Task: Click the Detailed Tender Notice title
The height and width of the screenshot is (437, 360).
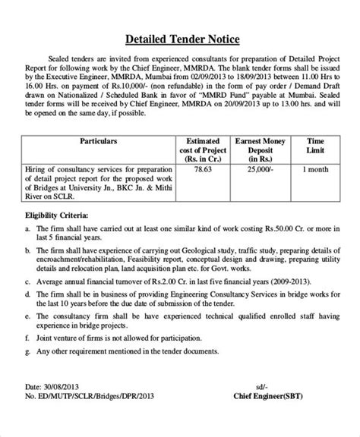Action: click(x=179, y=37)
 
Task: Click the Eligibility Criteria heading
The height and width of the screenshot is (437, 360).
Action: click(x=57, y=215)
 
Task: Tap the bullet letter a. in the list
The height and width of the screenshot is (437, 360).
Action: click(x=29, y=228)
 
